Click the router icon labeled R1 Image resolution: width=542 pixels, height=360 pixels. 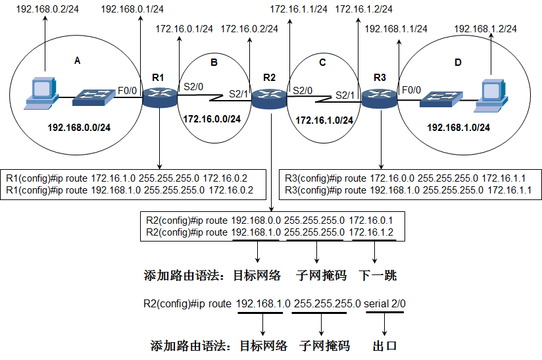click(160, 98)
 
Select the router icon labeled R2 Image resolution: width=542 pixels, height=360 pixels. click(270, 99)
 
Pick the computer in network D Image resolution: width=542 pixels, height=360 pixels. click(494, 94)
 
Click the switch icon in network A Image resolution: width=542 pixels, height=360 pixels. click(94, 99)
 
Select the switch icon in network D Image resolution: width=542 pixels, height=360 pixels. click(443, 99)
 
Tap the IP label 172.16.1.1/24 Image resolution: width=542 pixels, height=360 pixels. click(299, 9)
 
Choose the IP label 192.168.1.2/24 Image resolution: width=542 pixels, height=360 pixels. click(485, 29)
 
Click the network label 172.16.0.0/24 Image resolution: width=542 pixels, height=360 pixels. click(212, 119)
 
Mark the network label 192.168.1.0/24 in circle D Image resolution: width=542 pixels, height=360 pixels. click(458, 127)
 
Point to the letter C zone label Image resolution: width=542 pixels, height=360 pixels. click(322, 63)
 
